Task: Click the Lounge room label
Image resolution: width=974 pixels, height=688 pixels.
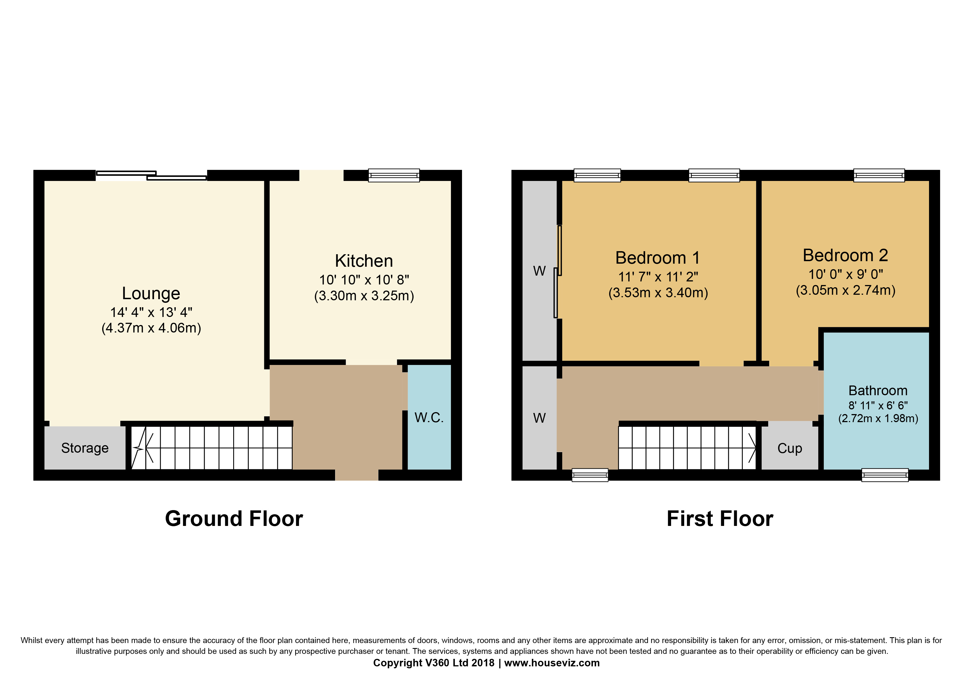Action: point(151,293)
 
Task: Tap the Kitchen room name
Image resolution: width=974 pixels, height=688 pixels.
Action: point(364,261)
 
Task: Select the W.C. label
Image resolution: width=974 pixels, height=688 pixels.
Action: point(429,418)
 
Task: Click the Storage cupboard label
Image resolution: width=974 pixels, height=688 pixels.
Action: point(85,448)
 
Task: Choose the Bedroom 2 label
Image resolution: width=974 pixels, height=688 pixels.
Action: point(845,255)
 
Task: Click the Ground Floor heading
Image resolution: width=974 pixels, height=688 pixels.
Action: point(234,518)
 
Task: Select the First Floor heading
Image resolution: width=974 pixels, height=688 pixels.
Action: point(720,518)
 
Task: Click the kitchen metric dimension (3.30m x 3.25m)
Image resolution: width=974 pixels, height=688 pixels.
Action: point(364,296)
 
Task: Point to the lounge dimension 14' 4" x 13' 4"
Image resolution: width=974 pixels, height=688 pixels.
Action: point(151,312)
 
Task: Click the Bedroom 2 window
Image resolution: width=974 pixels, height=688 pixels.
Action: point(879,175)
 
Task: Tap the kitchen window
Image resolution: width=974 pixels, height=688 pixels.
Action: point(394,175)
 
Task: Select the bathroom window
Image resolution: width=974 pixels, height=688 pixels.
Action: point(885,475)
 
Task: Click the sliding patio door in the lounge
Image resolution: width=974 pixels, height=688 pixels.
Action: point(151,175)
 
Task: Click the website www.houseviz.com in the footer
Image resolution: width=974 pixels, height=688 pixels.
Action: point(552,663)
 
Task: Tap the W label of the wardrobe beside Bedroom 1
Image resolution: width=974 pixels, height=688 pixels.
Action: point(539,271)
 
